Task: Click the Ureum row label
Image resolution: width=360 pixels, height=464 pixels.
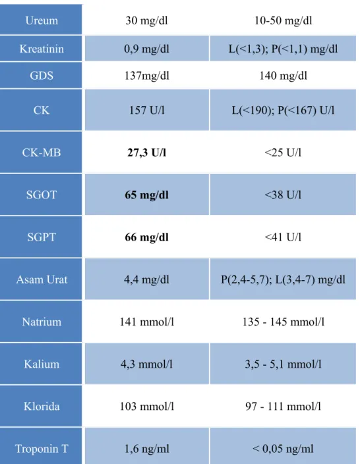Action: click(42, 20)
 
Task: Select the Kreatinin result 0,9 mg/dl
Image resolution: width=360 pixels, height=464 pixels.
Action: click(146, 49)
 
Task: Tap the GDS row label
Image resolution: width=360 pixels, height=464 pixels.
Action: click(42, 75)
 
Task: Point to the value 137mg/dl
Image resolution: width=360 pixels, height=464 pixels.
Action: click(146, 76)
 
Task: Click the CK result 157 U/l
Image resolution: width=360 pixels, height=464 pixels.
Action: click(146, 110)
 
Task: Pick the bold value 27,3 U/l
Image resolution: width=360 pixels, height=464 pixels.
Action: click(146, 153)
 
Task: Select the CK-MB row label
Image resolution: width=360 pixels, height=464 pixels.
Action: click(42, 153)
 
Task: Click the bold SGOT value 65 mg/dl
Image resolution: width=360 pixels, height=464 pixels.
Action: click(146, 195)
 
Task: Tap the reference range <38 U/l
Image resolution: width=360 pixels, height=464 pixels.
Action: click(283, 195)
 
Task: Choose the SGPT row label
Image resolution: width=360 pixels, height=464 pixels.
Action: click(42, 237)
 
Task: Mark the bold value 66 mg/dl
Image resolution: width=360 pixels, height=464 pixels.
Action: click(146, 237)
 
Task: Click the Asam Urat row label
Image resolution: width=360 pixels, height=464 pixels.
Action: click(42, 279)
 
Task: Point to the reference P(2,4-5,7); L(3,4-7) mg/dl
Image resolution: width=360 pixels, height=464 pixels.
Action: click(283, 279)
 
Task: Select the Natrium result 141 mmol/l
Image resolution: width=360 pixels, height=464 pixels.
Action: click(146, 322)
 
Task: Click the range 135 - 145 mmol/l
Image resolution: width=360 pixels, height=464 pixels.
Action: click(283, 322)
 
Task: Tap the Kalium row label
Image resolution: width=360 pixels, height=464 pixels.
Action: click(42, 364)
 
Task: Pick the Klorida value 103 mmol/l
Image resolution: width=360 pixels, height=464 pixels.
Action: click(146, 406)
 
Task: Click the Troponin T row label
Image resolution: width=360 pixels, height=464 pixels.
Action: click(42, 449)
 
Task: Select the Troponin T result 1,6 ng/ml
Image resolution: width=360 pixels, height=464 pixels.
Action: click(146, 449)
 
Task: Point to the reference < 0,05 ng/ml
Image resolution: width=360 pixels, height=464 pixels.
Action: click(283, 449)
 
